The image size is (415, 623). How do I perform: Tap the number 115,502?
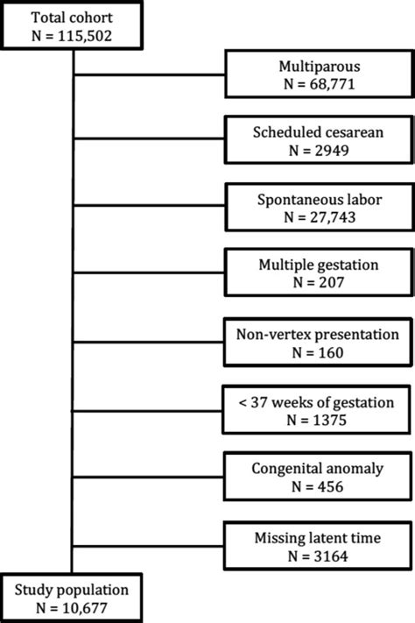[x=85, y=36]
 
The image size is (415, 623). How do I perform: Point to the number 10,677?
[x=85, y=608]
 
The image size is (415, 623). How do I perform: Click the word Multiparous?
[x=320, y=66]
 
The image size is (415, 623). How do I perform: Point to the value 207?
[x=330, y=282]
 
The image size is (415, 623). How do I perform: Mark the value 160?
[x=329, y=352]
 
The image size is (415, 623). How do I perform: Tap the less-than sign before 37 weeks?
[x=243, y=403]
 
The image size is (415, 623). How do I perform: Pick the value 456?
[x=329, y=486]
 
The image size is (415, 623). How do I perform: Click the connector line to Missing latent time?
[x=148, y=546]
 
